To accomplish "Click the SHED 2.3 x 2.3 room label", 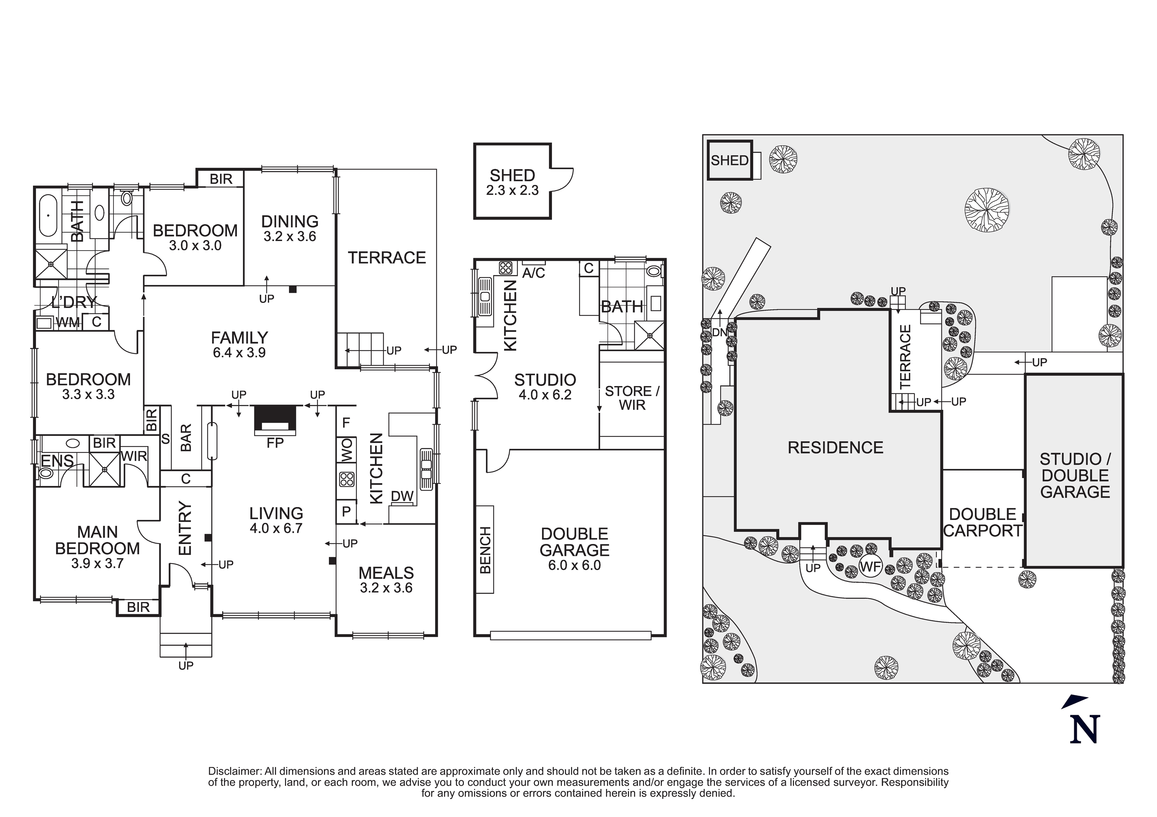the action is (512, 182).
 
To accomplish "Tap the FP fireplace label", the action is (275, 443).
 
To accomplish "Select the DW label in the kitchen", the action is (402, 496).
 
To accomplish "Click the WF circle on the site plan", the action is (870, 567).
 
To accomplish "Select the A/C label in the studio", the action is (534, 273).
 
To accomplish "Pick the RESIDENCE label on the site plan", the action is (835, 447).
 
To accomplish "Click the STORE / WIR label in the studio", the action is (632, 398).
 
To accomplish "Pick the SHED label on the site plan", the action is (729, 161).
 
